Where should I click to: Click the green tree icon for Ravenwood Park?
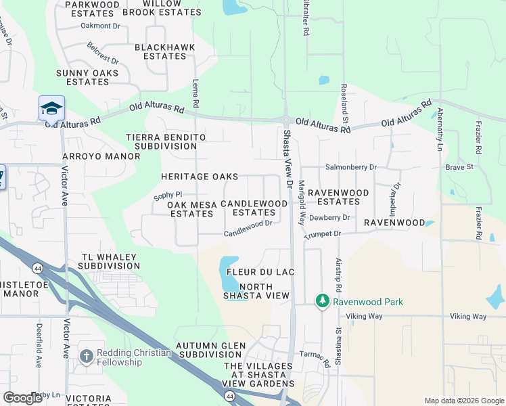[323, 300]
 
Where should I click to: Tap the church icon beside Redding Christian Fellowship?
[86, 356]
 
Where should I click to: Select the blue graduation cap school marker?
[51, 108]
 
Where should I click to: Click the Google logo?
[23, 398]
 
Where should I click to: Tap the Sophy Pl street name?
[168, 196]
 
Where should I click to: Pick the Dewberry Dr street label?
[329, 218]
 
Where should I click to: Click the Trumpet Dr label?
[324, 233]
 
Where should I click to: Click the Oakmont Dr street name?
[99, 26]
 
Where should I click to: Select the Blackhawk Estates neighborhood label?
[164, 51]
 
